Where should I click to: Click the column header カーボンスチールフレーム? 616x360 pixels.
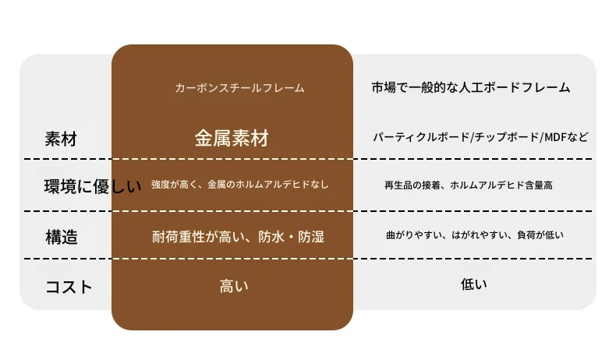[239, 87]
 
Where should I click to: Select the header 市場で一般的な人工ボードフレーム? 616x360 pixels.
[471, 87]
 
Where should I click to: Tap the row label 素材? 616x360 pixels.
[61, 139]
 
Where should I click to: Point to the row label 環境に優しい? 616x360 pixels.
[93, 186]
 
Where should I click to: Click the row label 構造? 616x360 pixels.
[62, 237]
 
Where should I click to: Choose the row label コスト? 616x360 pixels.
[69, 287]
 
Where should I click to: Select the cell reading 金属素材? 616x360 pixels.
[232, 138]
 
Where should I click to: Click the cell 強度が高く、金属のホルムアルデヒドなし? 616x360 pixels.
[239, 185]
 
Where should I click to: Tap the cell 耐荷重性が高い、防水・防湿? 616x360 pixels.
[238, 237]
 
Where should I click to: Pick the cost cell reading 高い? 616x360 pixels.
[234, 286]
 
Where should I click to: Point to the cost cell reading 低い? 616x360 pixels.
[474, 284]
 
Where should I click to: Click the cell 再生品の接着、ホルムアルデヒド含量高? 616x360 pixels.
[469, 185]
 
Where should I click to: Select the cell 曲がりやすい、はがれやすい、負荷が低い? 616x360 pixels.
[475, 235]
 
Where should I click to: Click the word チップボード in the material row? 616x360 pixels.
[507, 137]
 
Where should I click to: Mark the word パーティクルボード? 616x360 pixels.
[421, 137]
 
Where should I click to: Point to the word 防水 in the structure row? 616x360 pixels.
[271, 237]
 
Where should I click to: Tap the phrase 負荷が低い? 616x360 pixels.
[540, 235]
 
